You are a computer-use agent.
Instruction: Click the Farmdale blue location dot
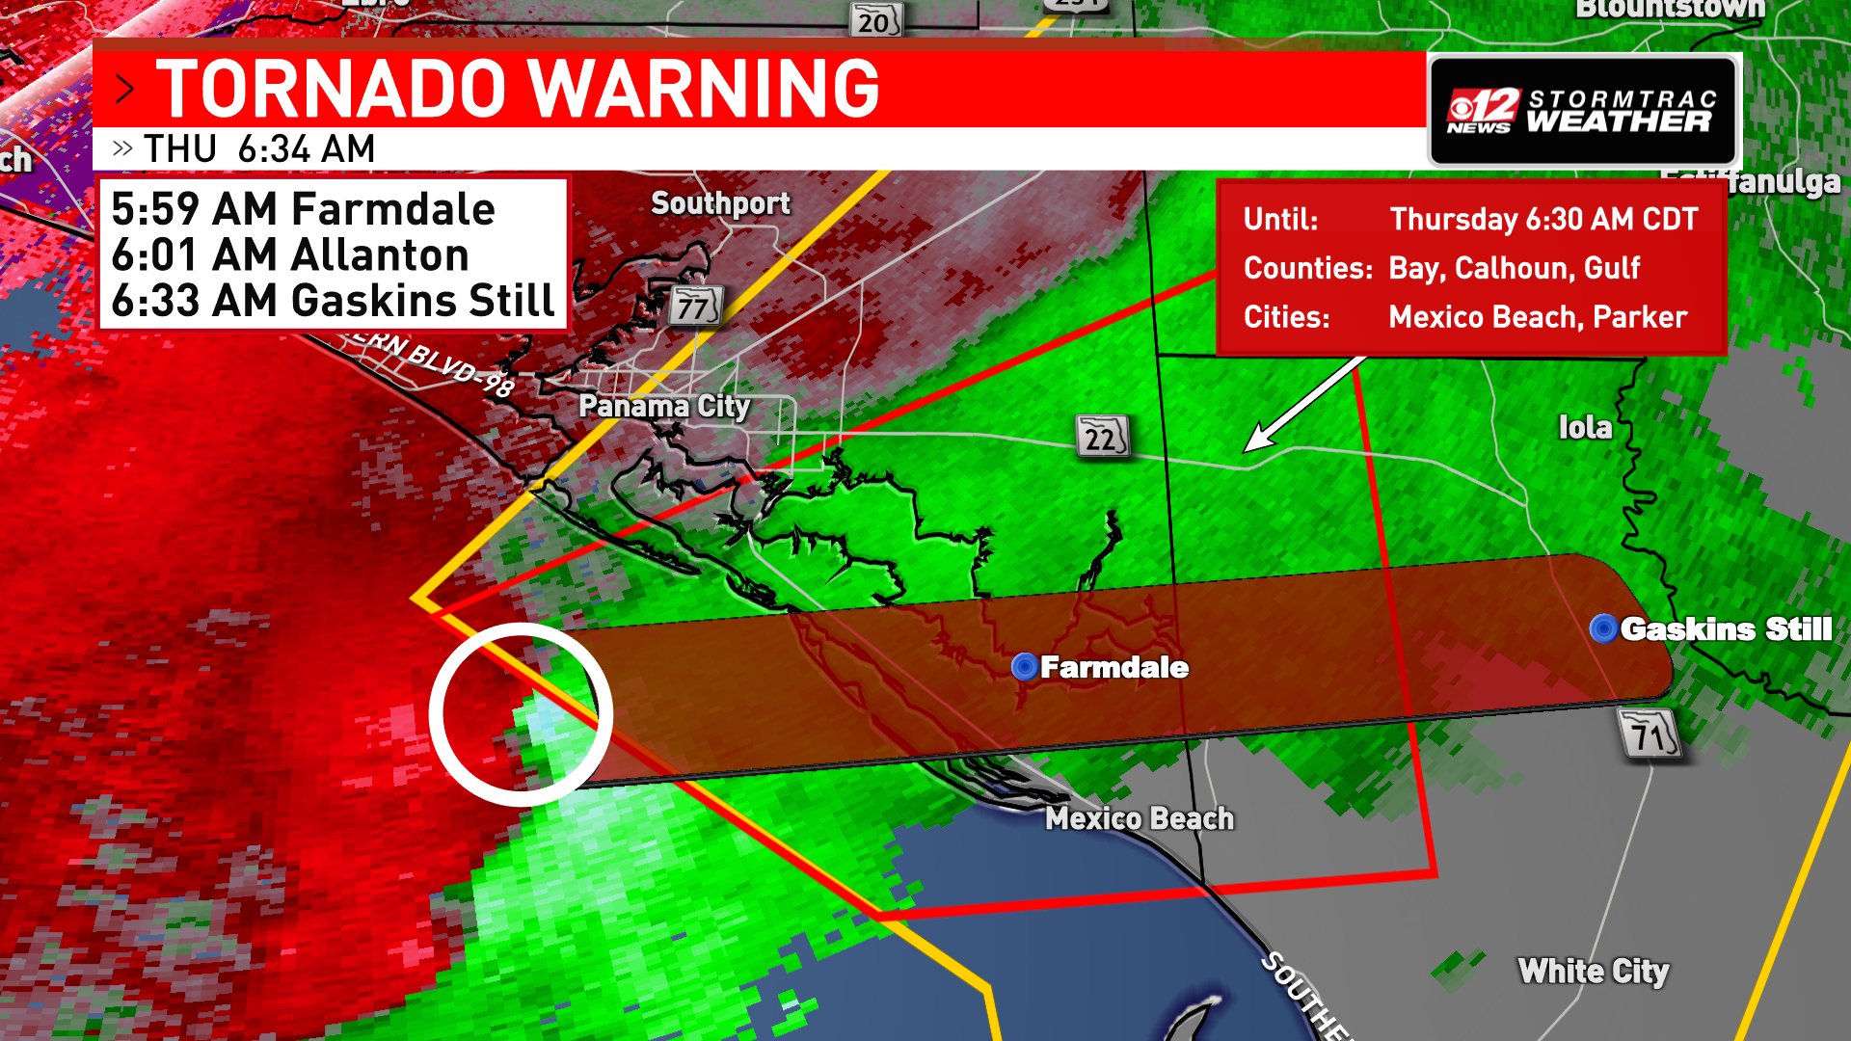pyautogui.click(x=1024, y=666)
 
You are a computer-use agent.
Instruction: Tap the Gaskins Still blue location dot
pyautogui.click(x=1603, y=628)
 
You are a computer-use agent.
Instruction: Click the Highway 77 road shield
pyautogui.click(x=695, y=307)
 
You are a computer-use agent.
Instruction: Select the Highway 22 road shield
pyautogui.click(x=1102, y=437)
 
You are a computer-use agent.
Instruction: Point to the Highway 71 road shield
pyautogui.click(x=1650, y=735)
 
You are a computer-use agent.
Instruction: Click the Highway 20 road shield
pyautogui.click(x=874, y=20)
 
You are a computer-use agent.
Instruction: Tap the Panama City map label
pyautogui.click(x=663, y=406)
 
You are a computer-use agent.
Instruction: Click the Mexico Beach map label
pyautogui.click(x=1140, y=818)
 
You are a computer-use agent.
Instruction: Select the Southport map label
pyautogui.click(x=720, y=203)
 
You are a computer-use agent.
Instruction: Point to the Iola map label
pyautogui.click(x=1585, y=427)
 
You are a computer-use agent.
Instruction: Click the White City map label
pyautogui.click(x=1593, y=971)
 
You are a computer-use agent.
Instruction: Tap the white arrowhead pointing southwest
pyautogui.click(x=1257, y=441)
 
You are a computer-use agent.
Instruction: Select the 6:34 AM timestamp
pyautogui.click(x=306, y=149)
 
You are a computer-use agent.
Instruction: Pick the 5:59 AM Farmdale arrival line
pyautogui.click(x=303, y=209)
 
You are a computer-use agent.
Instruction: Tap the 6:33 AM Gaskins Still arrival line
pyautogui.click(x=333, y=300)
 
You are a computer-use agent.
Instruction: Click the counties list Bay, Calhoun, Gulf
pyautogui.click(x=1514, y=268)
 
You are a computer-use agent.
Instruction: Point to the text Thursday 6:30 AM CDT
pyautogui.click(x=1542, y=219)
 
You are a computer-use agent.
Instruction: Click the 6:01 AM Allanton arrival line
pyautogui.click(x=289, y=254)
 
